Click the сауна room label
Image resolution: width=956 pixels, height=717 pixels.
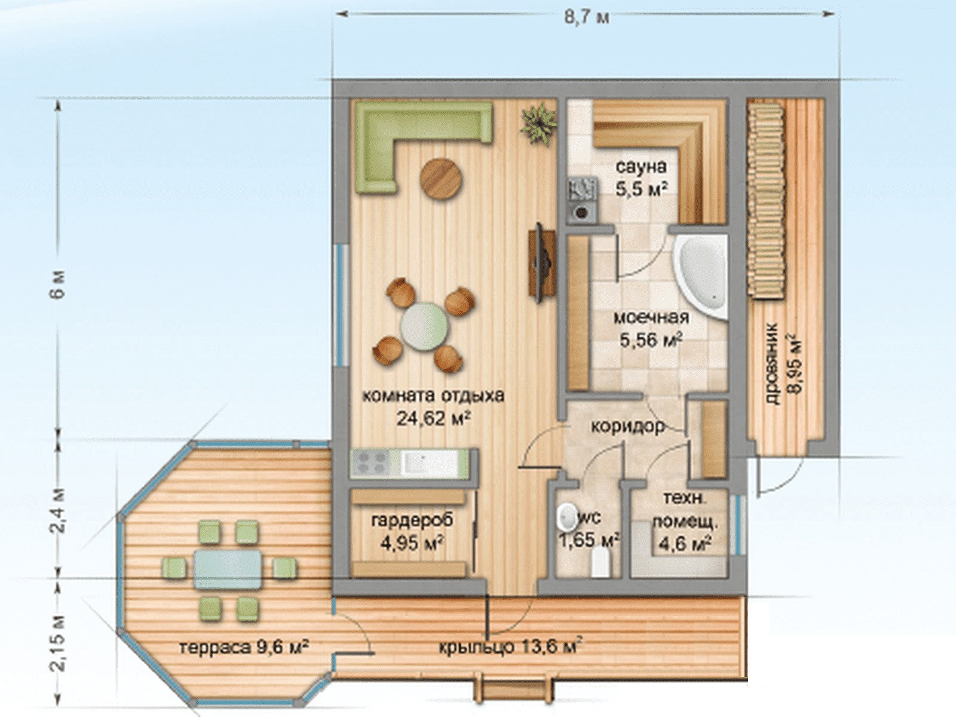(x=641, y=167)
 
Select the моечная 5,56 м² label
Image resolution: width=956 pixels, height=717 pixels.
(x=651, y=329)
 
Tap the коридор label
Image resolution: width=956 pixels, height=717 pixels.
(x=628, y=427)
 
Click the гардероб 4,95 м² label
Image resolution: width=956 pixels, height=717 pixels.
(x=412, y=531)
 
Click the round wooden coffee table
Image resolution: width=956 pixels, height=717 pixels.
(x=441, y=179)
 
